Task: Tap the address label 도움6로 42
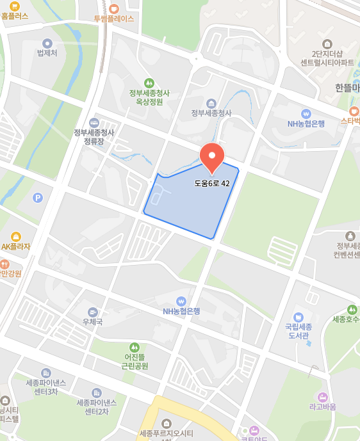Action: coord(212,183)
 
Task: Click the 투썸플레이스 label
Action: coord(114,19)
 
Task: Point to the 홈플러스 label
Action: coord(15,16)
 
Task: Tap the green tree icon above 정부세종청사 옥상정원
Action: coord(149,83)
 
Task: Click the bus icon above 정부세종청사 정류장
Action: coord(94,122)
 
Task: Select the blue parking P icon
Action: coord(38,198)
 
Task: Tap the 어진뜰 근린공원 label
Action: coord(135,362)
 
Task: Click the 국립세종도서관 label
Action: coord(298,330)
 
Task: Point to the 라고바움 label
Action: coord(322,406)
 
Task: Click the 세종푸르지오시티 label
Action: coord(167,434)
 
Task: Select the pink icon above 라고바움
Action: coord(322,396)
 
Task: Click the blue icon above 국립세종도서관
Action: coord(298,317)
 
